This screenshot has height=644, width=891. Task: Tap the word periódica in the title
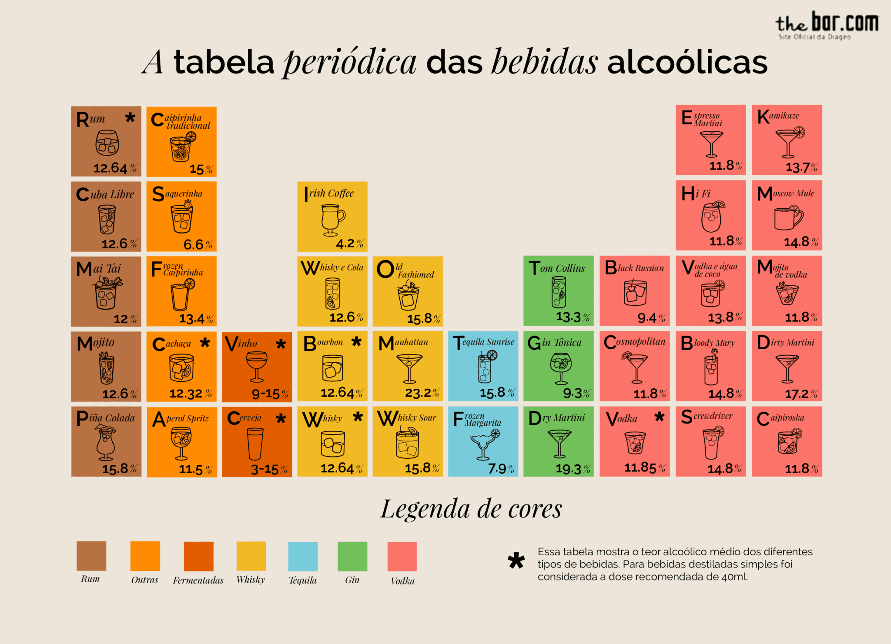[x=350, y=62]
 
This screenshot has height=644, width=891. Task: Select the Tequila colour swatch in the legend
[x=303, y=556]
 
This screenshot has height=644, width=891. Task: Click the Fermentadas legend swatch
[x=198, y=556]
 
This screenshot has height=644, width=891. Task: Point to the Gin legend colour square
[x=352, y=556]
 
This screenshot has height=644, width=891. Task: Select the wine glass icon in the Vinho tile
[x=257, y=365]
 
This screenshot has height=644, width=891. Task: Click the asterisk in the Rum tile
[x=130, y=118]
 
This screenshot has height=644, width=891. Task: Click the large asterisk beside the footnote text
[x=516, y=561]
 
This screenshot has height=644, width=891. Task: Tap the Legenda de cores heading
[x=471, y=509]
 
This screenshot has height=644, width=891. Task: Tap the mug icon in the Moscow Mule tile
[x=788, y=217]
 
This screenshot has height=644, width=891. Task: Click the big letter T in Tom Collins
[x=534, y=268]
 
